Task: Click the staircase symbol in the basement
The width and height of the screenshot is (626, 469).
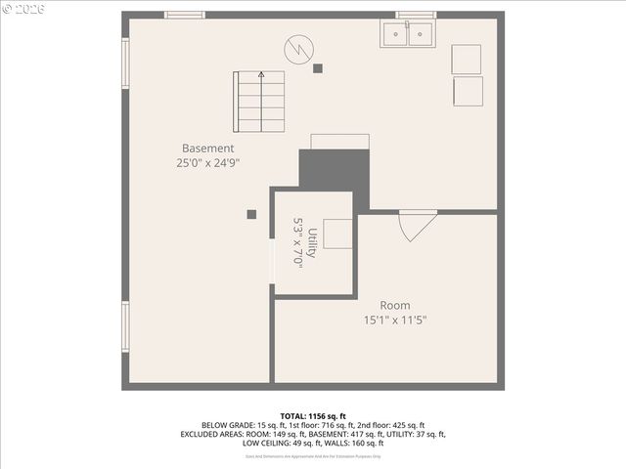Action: (259, 102)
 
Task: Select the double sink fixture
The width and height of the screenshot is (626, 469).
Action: (407, 34)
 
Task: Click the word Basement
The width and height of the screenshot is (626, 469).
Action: (207, 149)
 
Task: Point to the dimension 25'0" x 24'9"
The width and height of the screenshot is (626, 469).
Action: (207, 164)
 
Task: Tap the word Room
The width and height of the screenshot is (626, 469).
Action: (395, 305)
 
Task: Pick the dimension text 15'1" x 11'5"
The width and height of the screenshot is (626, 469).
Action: (395, 320)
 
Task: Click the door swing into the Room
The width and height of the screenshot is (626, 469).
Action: (416, 225)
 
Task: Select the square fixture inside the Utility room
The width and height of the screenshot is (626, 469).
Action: (337, 234)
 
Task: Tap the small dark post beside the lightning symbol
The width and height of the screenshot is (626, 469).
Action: (318, 68)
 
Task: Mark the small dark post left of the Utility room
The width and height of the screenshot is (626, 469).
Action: (251, 214)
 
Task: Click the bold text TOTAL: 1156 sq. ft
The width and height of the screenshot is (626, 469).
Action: (313, 415)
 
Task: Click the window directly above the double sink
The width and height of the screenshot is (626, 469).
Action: (416, 15)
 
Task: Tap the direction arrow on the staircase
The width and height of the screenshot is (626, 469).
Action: (261, 74)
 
